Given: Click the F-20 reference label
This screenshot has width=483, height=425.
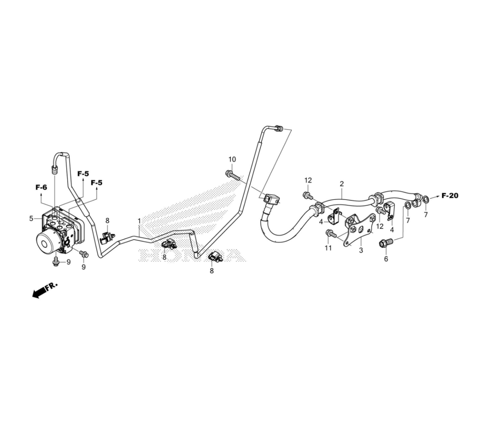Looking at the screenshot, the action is (450, 195).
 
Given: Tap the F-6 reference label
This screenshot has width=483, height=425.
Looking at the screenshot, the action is (41, 187).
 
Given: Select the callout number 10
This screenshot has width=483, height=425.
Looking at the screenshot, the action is (232, 159).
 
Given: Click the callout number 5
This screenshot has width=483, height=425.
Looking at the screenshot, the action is (31, 219).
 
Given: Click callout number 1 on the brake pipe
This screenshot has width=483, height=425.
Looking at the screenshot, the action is (139, 221).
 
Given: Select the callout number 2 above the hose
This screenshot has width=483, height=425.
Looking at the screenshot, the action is (341, 184).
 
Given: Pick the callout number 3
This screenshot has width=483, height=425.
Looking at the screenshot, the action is (361, 250).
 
